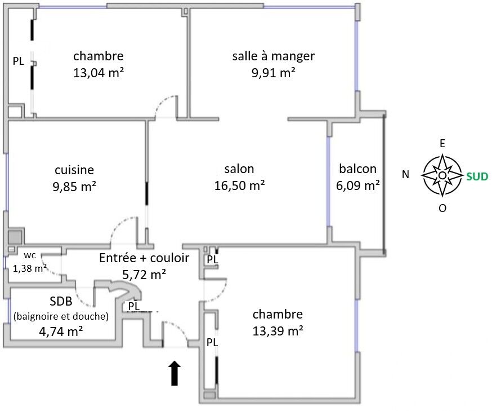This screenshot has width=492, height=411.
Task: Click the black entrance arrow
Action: (x=175, y=374)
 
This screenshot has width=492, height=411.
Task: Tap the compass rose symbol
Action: (x=442, y=175)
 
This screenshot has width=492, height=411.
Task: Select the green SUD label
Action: (x=477, y=176)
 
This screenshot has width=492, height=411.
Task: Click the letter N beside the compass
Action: (x=405, y=175)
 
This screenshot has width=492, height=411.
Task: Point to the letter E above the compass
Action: (x=442, y=144)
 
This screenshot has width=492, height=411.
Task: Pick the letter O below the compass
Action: (x=442, y=208)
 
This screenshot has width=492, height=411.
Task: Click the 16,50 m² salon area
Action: (x=239, y=185)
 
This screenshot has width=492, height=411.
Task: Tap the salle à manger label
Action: (x=273, y=56)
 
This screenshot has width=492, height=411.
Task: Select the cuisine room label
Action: (x=74, y=170)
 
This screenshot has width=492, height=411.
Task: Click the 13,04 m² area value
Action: (x=99, y=72)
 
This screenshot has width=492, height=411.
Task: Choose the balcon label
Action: (x=358, y=169)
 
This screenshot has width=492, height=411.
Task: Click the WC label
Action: (x=29, y=255)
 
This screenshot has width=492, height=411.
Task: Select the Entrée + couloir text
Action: (x=144, y=258)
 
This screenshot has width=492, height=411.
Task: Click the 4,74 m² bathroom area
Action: (x=61, y=331)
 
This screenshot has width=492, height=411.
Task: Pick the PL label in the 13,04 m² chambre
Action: (x=19, y=61)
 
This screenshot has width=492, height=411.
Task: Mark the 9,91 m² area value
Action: (x=273, y=72)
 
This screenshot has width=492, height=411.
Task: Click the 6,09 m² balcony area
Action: (x=358, y=184)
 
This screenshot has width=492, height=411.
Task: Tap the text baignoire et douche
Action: (x=61, y=317)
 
